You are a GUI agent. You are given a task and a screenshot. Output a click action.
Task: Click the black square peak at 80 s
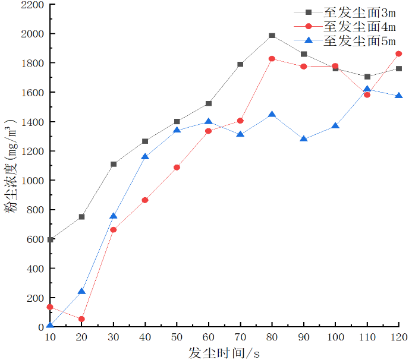[x=272, y=36]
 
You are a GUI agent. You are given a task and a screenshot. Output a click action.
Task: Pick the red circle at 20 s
[x=81, y=319]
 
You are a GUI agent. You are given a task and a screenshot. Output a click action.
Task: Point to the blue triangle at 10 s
[x=50, y=325]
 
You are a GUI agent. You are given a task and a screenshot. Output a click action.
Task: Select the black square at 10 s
[x=50, y=240]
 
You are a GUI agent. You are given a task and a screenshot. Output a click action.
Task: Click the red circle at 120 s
[x=398, y=54]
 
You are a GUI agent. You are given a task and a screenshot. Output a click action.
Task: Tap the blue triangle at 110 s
[x=367, y=90]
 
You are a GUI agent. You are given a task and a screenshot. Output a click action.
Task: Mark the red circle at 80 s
[x=272, y=59]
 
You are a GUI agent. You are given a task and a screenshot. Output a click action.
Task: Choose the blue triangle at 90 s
[x=304, y=139]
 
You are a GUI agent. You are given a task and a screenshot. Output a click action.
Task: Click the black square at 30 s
[x=114, y=164]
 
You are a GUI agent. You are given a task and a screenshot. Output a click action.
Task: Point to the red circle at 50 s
[x=177, y=168]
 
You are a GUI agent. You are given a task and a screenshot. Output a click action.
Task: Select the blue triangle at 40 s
[x=145, y=157]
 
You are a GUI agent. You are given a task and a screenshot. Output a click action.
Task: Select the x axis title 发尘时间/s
[x=224, y=352]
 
